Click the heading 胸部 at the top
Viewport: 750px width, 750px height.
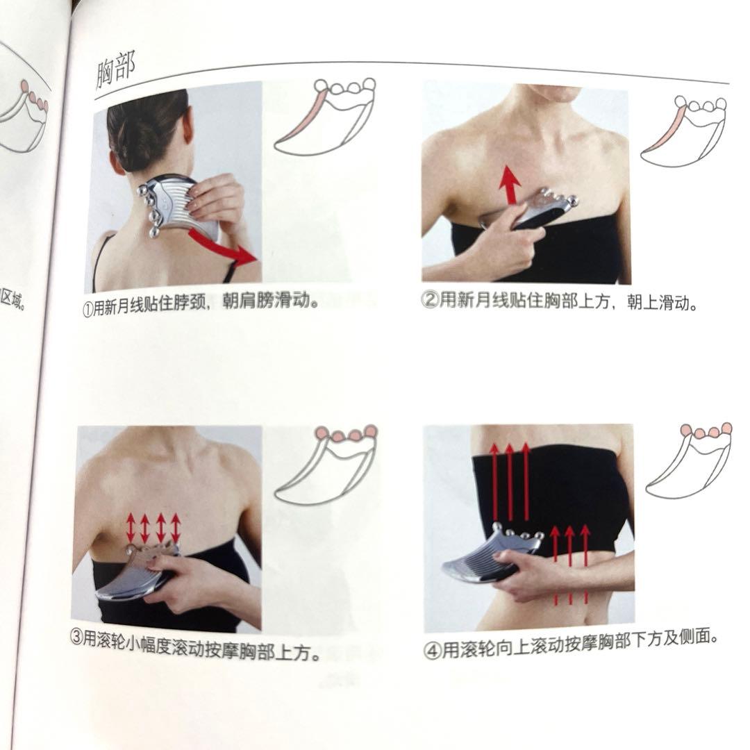point(116,70)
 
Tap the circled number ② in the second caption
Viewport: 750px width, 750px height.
point(430,301)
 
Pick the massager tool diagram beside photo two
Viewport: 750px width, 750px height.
point(683,131)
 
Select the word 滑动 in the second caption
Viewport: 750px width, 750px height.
point(677,303)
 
